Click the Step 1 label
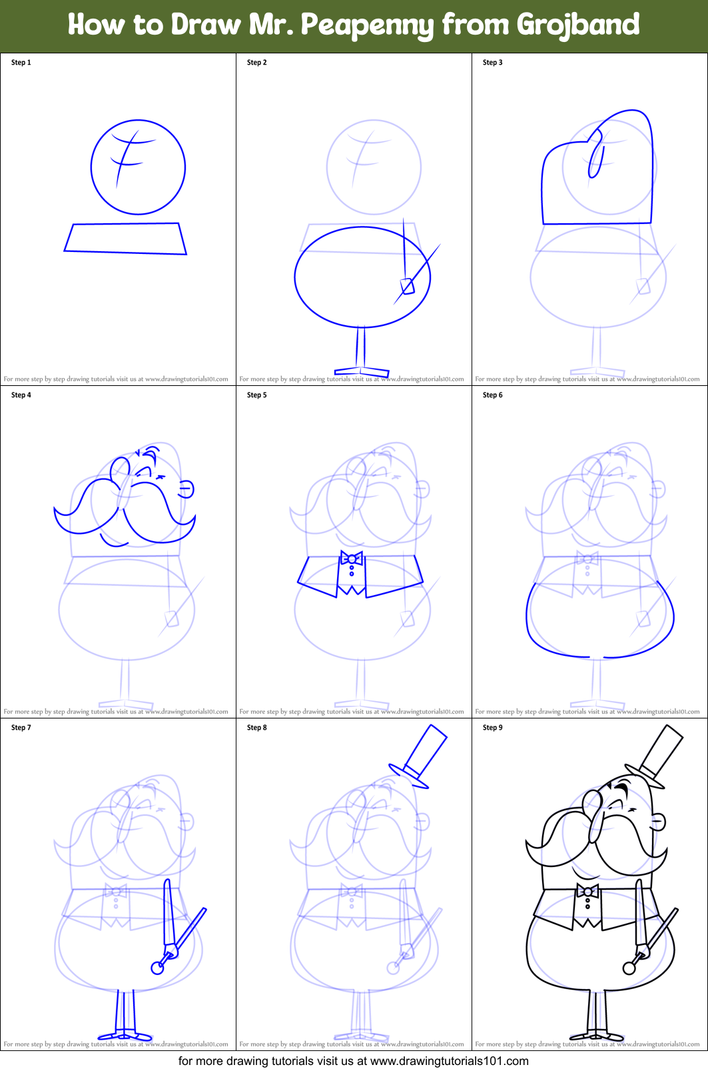click(21, 63)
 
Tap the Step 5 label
click(256, 395)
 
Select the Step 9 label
click(492, 728)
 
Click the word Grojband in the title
click(577, 25)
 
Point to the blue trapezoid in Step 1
click(125, 239)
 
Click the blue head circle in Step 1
click(138, 167)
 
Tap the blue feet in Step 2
click(361, 370)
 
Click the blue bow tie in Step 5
click(351, 558)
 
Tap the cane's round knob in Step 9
click(629, 967)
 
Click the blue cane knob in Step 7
click(157, 968)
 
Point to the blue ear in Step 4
click(186, 489)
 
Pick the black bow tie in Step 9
click(587, 891)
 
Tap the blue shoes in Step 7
click(125, 1036)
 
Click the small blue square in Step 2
click(408, 287)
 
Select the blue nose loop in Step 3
click(595, 155)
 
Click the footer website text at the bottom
click(354, 1061)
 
